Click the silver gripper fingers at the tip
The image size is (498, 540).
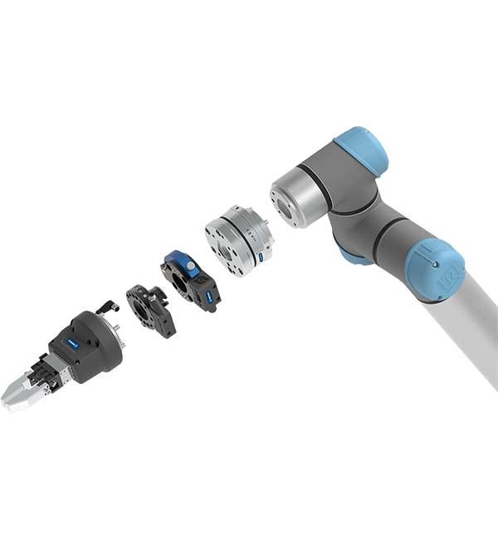tap(18, 393)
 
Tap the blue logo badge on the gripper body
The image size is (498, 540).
tap(72, 341)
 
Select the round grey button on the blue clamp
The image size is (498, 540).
tap(190, 266)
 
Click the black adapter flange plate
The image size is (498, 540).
tap(150, 309)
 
